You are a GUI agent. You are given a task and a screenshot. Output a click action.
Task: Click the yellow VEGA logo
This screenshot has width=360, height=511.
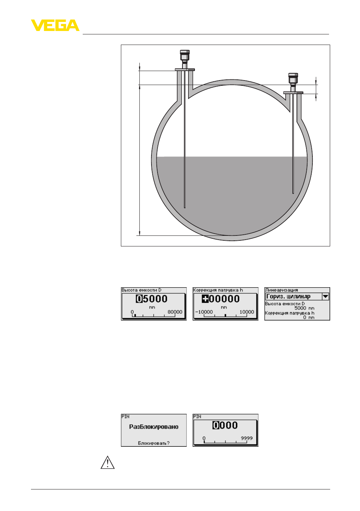click(x=55, y=25)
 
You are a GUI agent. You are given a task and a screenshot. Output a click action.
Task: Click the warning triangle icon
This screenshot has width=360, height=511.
click(x=108, y=462)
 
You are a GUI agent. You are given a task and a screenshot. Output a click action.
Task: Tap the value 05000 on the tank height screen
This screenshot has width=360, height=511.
click(x=151, y=299)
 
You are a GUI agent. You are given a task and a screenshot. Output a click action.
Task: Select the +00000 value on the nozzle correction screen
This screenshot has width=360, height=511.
click(x=221, y=299)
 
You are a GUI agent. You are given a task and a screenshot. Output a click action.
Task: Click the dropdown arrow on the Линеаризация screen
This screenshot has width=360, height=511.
click(x=325, y=297)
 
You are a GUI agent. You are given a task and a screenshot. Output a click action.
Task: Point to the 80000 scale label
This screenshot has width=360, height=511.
click(x=175, y=312)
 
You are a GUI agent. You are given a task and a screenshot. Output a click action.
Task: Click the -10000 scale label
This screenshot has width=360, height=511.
click(x=204, y=312)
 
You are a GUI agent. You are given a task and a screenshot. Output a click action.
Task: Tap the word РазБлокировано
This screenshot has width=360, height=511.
click(x=154, y=427)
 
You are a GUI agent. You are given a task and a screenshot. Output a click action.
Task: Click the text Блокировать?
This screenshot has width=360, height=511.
click(x=154, y=443)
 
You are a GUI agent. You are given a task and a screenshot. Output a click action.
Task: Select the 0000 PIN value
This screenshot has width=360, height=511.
click(x=225, y=425)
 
